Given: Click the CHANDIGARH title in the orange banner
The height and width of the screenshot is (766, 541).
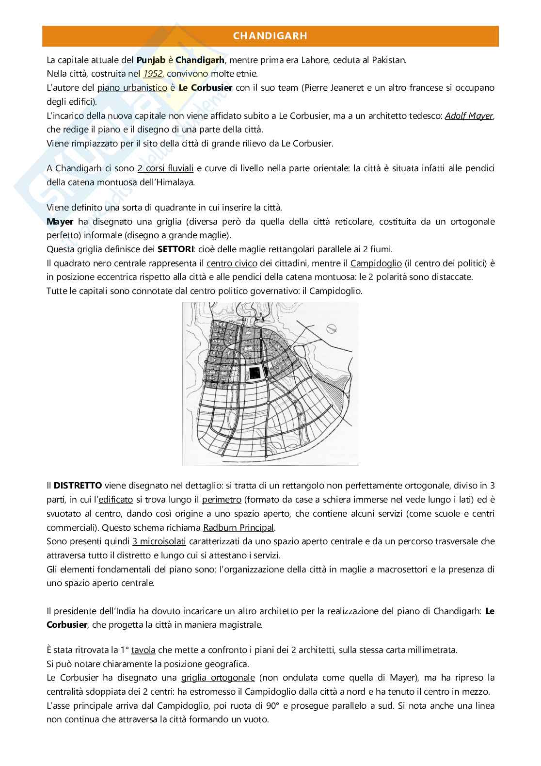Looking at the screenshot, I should pyautogui.click(x=270, y=36).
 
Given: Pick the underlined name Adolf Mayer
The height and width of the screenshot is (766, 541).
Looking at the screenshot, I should pyautogui.click(x=468, y=116).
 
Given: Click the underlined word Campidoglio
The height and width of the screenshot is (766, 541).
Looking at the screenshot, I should pyautogui.click(x=376, y=263).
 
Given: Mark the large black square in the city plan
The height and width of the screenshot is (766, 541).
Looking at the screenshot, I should pyautogui.click(x=254, y=373).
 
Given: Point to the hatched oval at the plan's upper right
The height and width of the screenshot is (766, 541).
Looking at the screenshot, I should pyautogui.click(x=332, y=328).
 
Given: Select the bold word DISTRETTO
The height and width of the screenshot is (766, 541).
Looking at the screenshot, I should pyautogui.click(x=78, y=486).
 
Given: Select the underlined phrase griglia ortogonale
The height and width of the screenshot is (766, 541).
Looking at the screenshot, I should pyautogui.click(x=218, y=678).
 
